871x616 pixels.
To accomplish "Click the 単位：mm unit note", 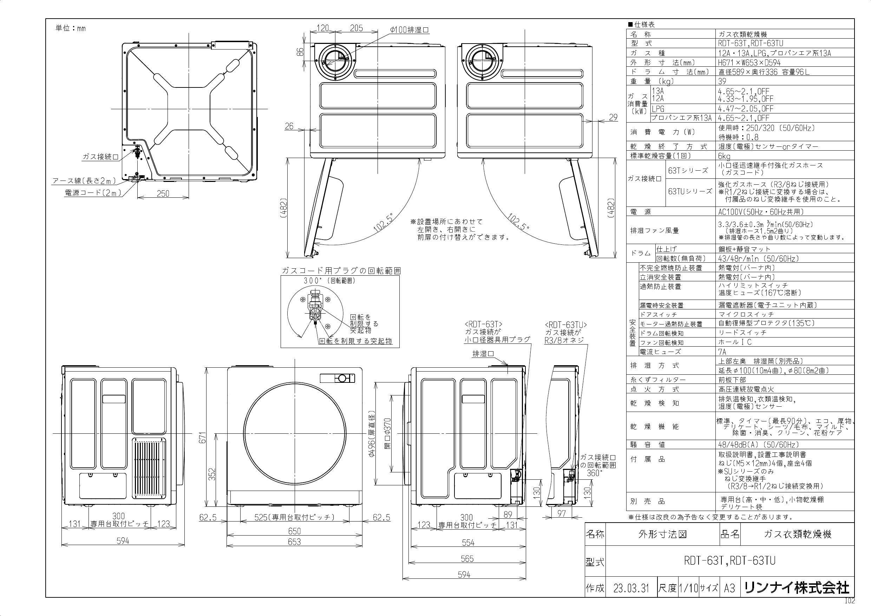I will [71, 28].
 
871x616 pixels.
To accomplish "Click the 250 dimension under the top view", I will [163, 194].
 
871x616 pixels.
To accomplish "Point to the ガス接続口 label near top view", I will [100, 157].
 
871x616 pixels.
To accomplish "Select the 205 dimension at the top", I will [356, 28].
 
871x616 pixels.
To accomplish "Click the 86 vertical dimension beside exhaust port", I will [300, 52].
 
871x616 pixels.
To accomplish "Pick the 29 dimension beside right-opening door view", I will [613, 118].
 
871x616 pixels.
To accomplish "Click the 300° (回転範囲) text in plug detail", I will [329, 281].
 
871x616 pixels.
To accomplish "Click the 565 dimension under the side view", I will [467, 559].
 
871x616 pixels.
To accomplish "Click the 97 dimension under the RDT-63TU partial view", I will [562, 513].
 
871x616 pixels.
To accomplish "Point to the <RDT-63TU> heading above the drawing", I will [565, 325].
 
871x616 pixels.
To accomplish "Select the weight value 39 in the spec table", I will [722, 81].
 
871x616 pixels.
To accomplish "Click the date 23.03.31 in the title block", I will [631, 588].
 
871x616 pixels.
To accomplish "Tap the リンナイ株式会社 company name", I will [797, 588].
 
